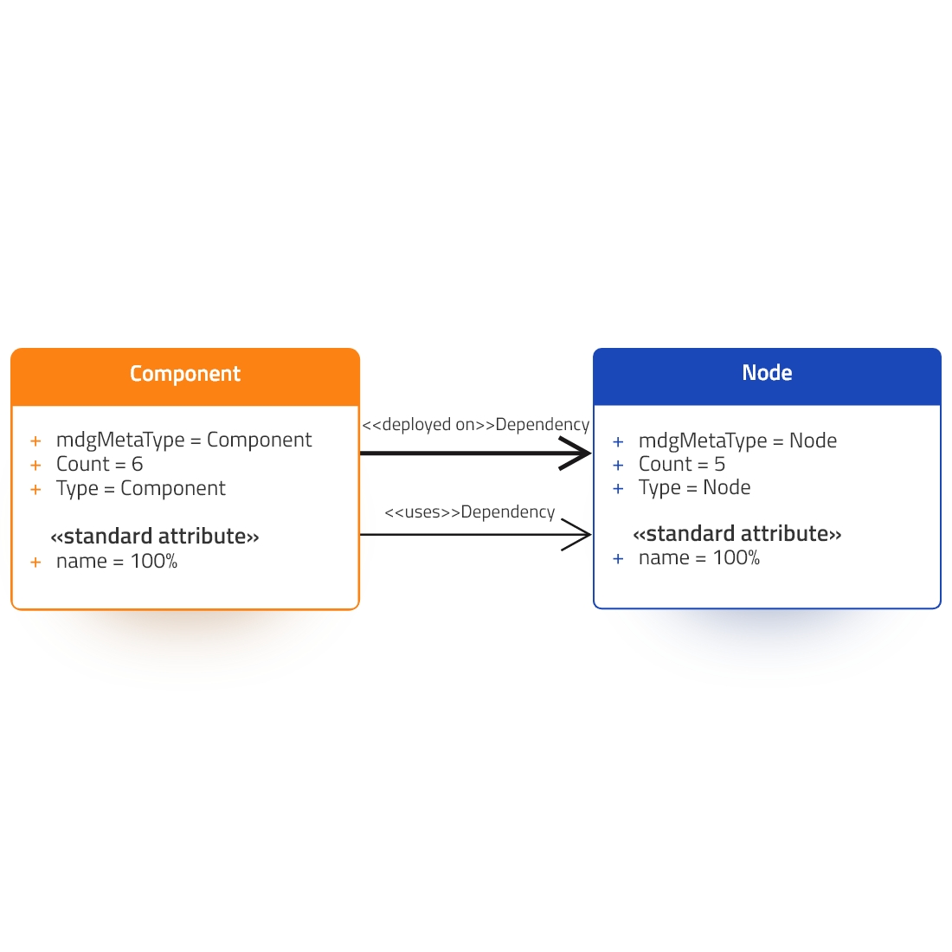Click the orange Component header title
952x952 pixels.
pos(185,374)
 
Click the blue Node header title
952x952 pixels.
pos(767,373)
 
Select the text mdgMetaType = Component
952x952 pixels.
pos(184,441)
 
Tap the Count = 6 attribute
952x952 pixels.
pos(100,465)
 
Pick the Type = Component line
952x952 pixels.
pos(141,489)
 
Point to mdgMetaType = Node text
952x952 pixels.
pos(737,441)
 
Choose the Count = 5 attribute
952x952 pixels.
pos(682,465)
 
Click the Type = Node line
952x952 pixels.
pos(695,487)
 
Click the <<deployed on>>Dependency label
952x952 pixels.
pos(475,424)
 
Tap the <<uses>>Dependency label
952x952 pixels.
pos(470,511)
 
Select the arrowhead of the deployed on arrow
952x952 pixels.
pos(576,453)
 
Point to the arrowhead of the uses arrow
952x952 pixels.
pos(576,534)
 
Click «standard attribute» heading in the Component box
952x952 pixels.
pos(155,537)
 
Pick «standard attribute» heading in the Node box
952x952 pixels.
pos(737,534)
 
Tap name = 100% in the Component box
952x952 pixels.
pos(117,561)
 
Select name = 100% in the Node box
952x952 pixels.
pos(698,558)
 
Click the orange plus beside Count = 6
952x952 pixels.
pos(35,466)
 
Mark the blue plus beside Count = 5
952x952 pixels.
pos(618,466)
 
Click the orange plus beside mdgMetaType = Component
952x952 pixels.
pos(35,441)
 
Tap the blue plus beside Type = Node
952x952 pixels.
pos(618,489)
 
